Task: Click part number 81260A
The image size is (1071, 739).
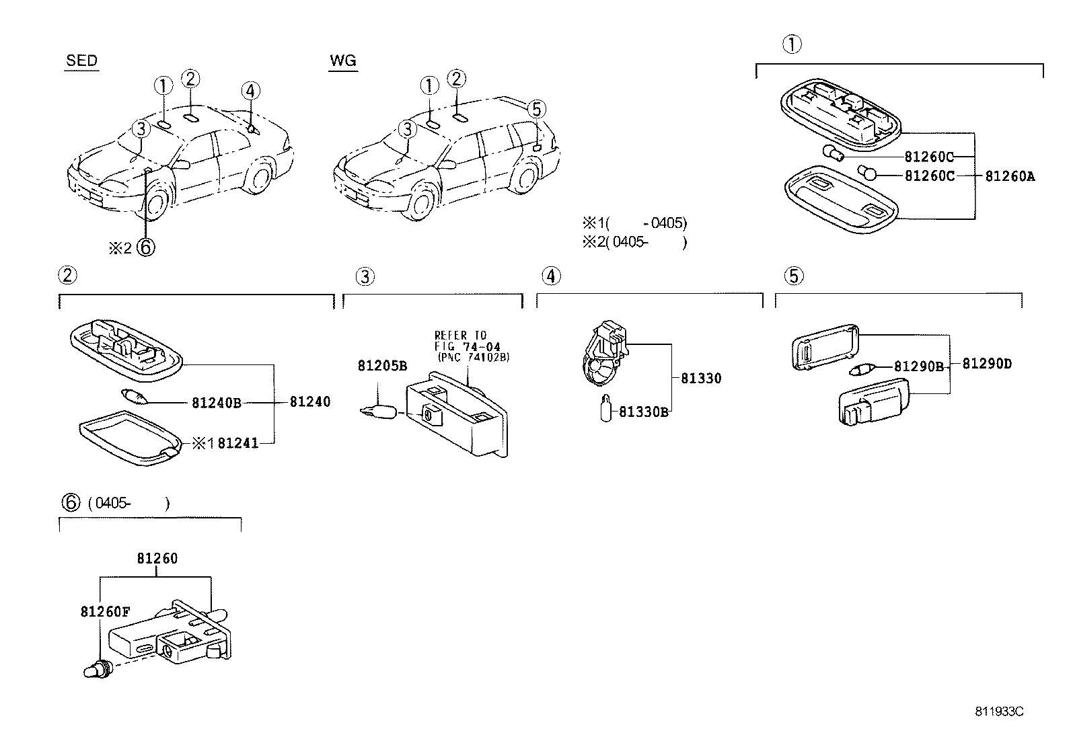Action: point(1009,176)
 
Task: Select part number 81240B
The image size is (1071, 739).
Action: point(216,403)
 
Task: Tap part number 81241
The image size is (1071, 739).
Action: point(238,443)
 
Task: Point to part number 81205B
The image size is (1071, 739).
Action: point(381,366)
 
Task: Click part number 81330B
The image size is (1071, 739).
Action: point(643,412)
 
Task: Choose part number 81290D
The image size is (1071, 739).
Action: point(986,364)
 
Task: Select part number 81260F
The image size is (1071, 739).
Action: point(104,612)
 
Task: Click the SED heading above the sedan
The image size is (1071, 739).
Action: point(81,61)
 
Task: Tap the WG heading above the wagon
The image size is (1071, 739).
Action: point(342,61)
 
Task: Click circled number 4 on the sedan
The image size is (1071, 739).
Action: point(250,91)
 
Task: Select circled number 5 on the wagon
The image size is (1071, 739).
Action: point(535,108)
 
